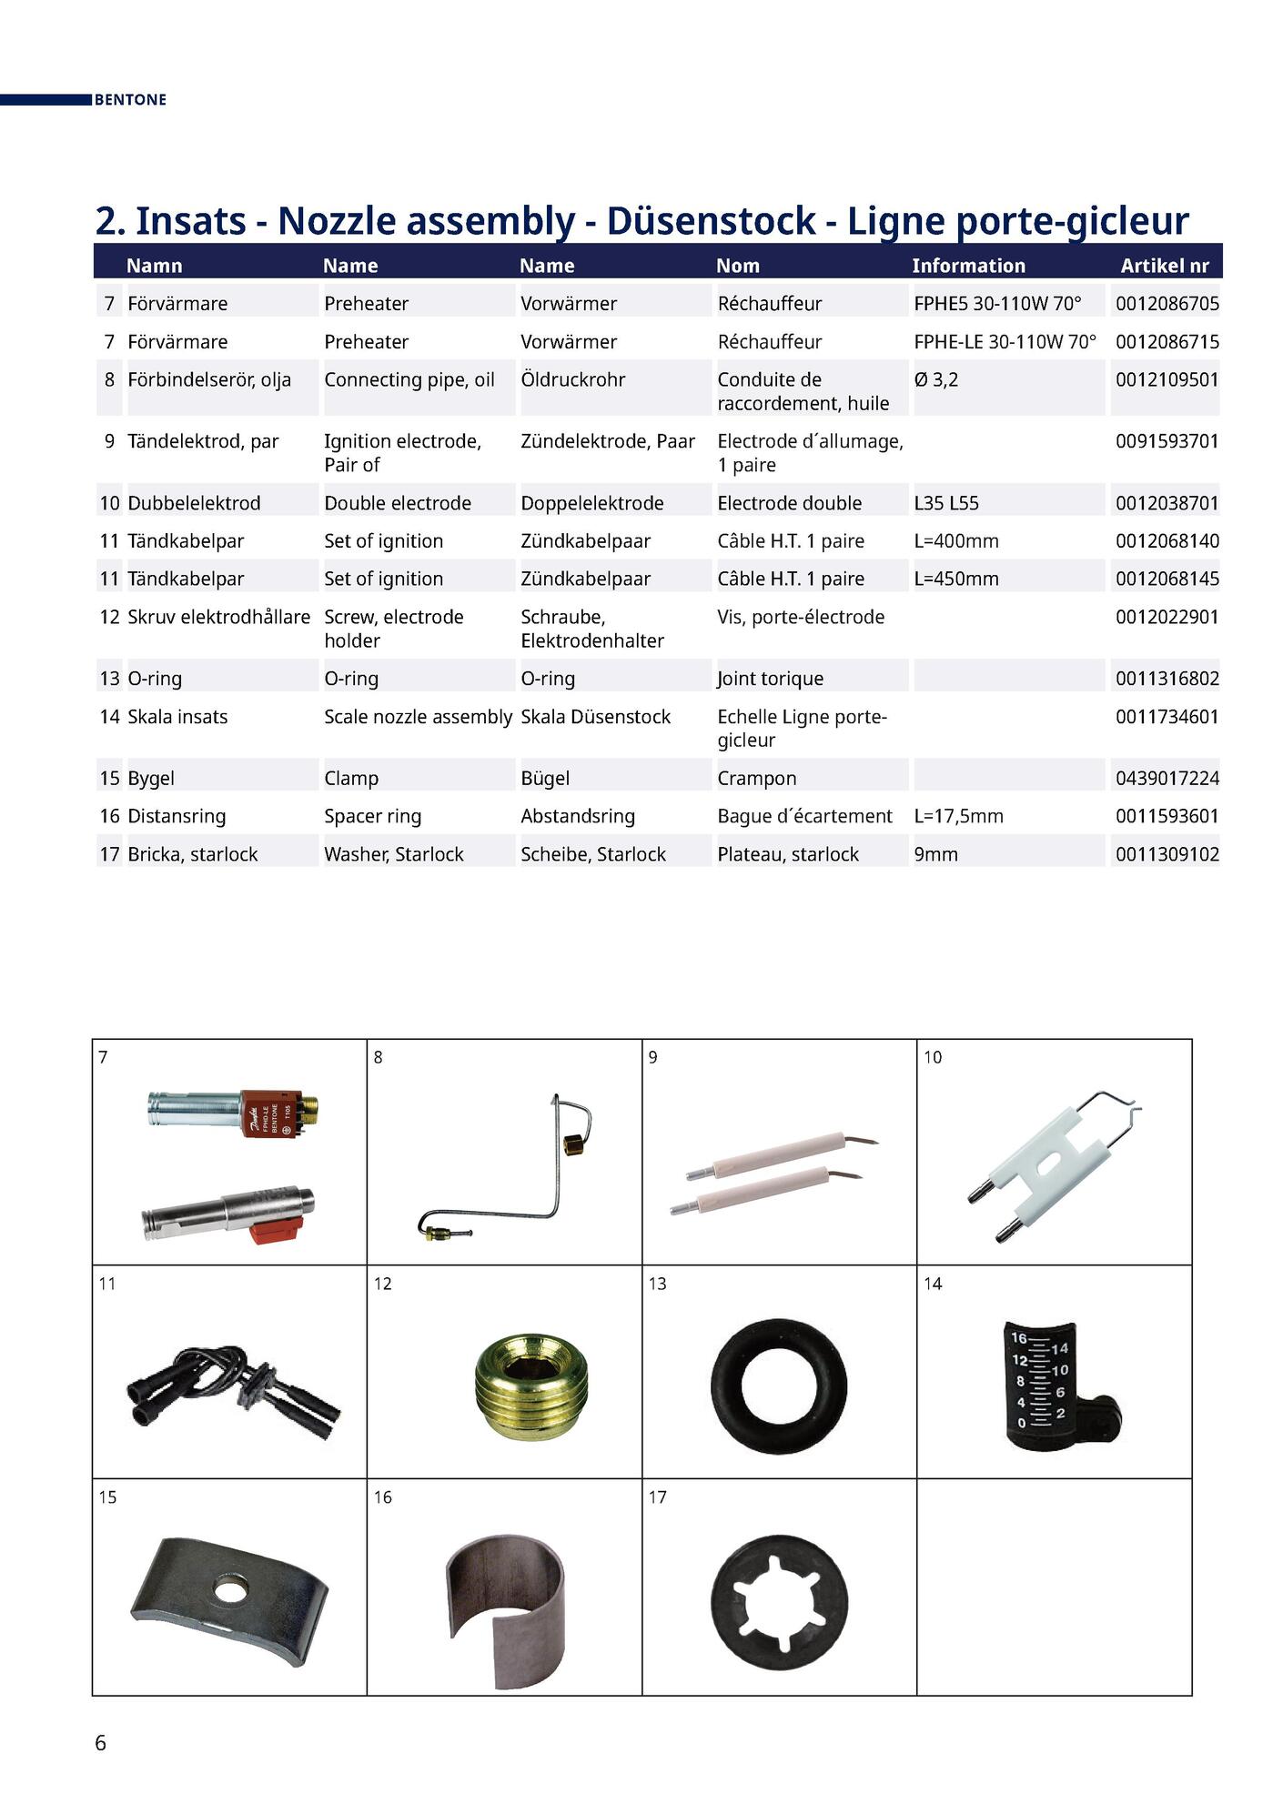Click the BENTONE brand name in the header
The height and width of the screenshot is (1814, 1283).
130,100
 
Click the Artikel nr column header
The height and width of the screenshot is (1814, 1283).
1164,266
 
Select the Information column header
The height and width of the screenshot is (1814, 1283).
968,266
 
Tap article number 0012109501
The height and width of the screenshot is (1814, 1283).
1167,379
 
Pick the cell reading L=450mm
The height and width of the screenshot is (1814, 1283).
955,579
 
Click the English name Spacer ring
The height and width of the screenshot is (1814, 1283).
372,816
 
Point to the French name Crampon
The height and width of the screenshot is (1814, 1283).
756,778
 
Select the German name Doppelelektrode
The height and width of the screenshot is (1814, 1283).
591,503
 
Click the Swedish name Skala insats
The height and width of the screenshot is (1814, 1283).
177,717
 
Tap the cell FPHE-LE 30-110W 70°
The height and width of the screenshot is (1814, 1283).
1005,342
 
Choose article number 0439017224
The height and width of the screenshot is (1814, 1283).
1167,778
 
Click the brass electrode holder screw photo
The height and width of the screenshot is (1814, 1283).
532,1386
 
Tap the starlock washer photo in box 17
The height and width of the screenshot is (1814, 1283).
779,1601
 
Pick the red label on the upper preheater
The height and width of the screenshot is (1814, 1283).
270,1114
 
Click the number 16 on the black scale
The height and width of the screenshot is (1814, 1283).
1018,1338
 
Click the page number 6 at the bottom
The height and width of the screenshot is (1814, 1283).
100,1743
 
